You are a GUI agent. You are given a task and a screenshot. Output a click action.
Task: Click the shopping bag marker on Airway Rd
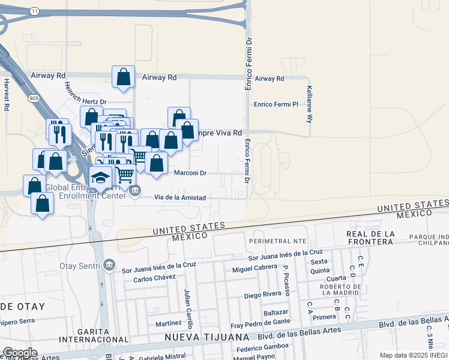123,77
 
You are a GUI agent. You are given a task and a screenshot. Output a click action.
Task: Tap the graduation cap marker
101,177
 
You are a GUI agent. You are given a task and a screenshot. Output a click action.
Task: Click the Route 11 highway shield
35,11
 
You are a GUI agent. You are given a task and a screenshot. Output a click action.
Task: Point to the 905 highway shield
33,97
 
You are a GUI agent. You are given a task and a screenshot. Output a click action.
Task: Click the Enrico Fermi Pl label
276,104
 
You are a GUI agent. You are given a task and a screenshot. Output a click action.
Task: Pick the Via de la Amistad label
180,197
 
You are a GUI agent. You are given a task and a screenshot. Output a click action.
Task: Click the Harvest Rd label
7,95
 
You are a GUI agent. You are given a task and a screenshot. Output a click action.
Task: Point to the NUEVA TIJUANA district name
208,338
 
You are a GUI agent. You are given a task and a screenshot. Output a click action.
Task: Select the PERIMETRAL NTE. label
282,241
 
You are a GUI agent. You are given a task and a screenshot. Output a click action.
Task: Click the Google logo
19,353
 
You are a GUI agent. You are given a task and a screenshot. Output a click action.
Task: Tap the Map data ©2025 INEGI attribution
413,355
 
